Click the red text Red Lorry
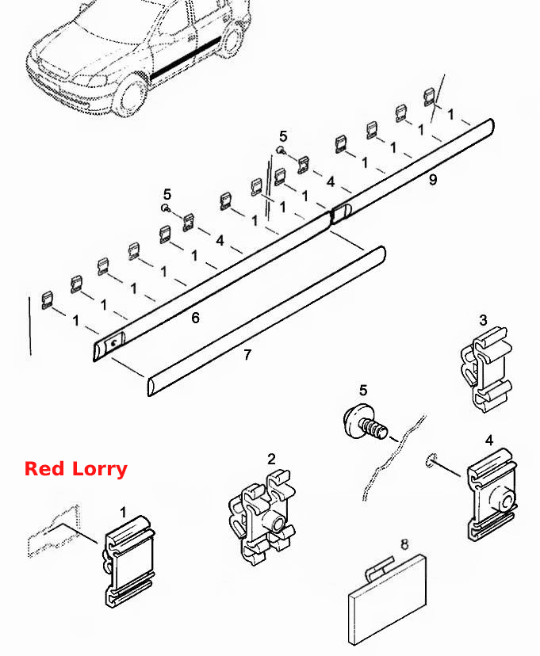point(76,469)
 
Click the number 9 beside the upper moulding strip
point(433,180)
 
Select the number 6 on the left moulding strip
point(196,318)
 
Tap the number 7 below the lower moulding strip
point(247,355)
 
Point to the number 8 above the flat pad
point(404,544)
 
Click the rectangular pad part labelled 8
point(387,601)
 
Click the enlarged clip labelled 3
point(486,369)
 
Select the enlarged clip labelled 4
point(492,495)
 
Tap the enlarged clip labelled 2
point(262,517)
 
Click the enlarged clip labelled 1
point(129,562)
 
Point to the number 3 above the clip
point(483,320)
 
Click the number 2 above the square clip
point(272,460)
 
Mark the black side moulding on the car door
point(186,59)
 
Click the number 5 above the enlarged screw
point(363,391)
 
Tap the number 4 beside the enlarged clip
point(489,441)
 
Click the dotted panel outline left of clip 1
point(54,532)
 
